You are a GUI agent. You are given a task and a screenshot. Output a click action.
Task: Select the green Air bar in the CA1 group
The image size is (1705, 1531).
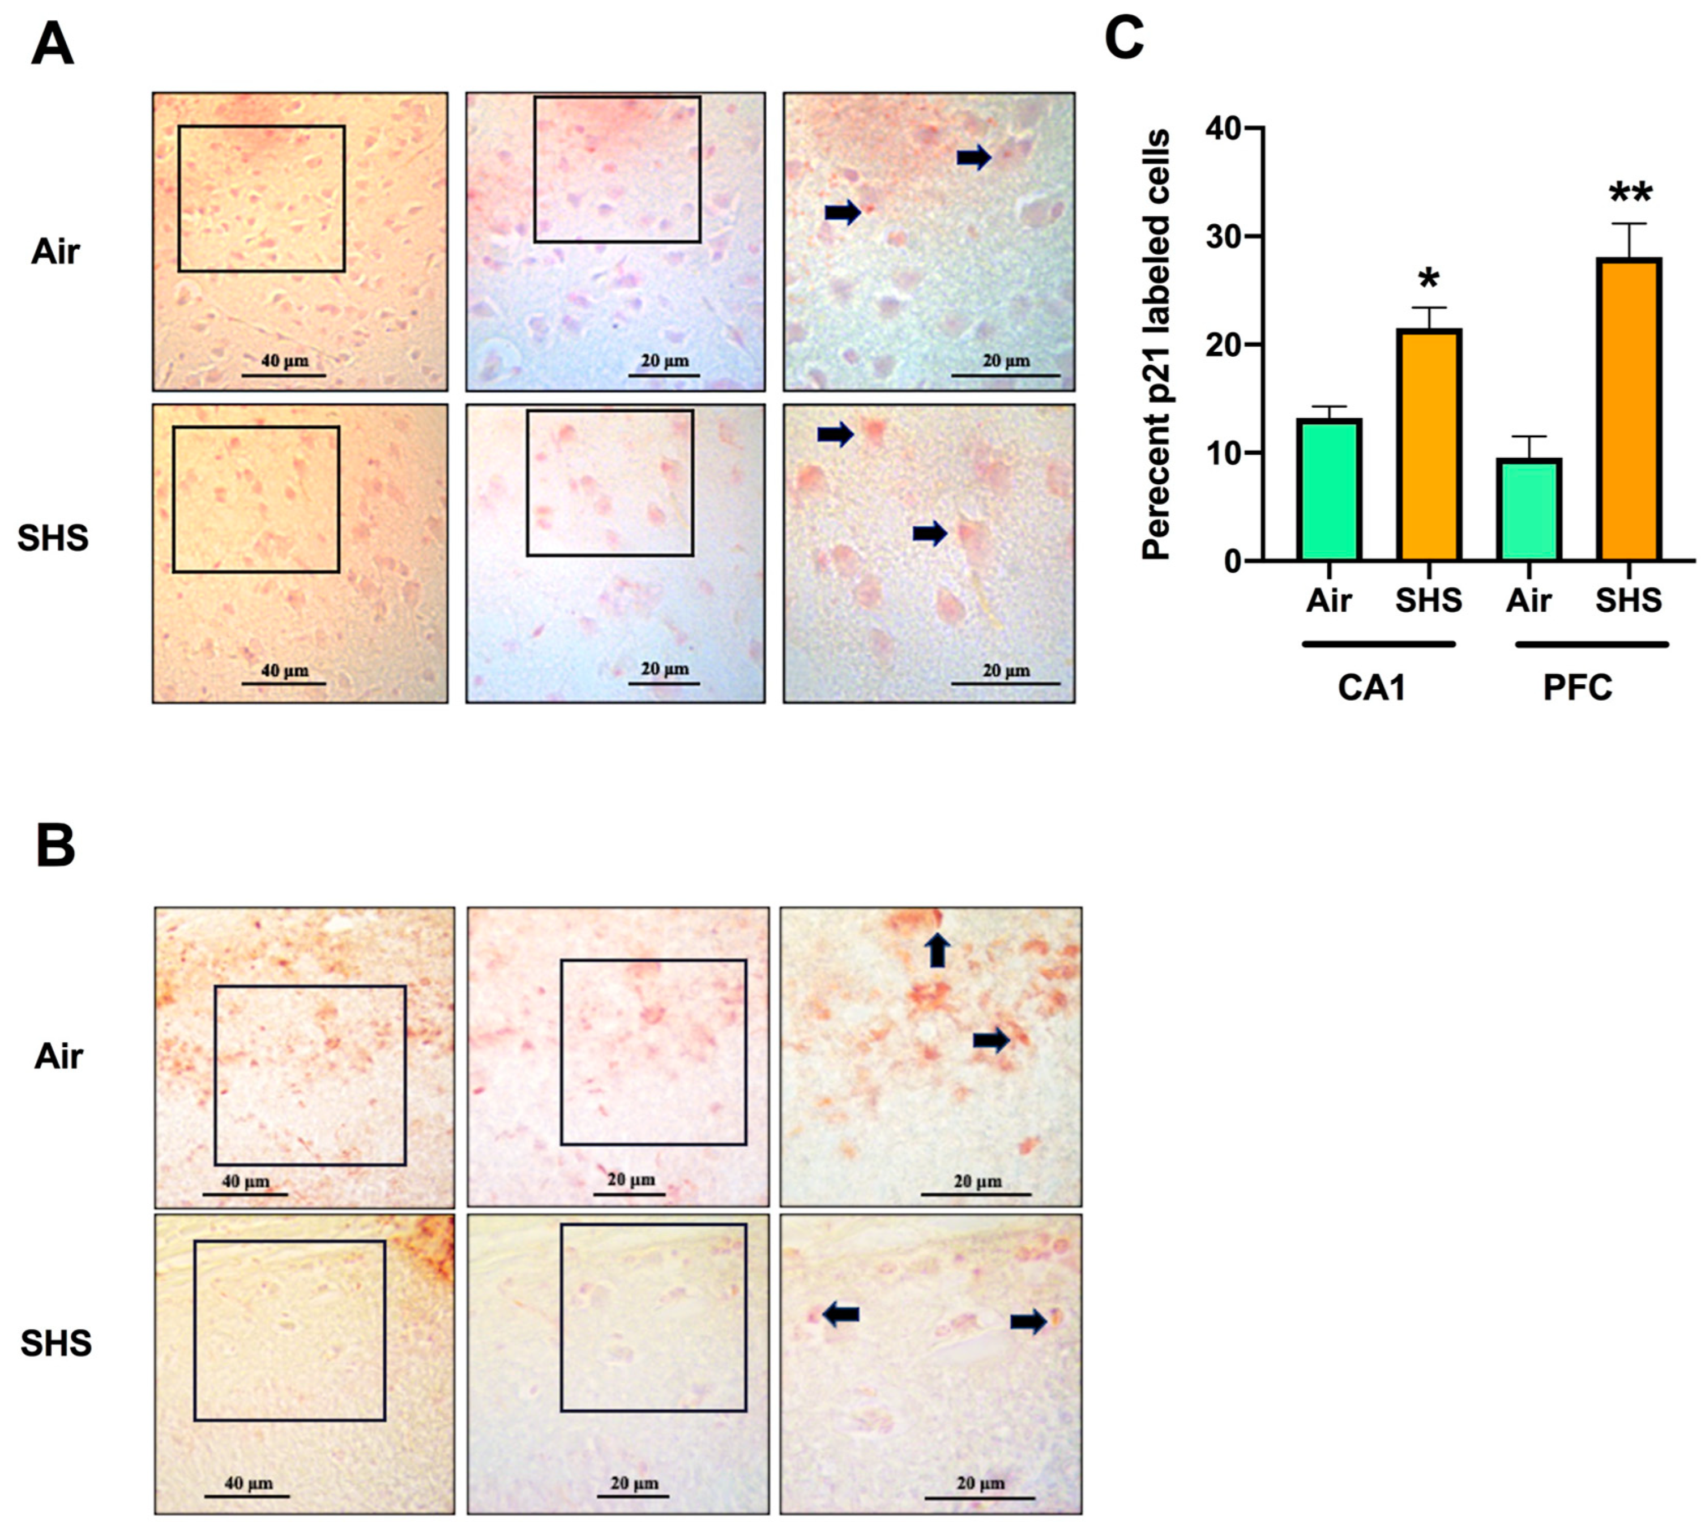pos(1328,491)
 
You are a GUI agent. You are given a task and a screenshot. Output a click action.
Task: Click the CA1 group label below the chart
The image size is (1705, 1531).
pos(1372,687)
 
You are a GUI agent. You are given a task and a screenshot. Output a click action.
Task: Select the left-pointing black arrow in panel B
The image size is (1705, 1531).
pos(840,1313)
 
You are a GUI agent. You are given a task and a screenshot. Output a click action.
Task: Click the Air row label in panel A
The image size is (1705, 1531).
pos(55,251)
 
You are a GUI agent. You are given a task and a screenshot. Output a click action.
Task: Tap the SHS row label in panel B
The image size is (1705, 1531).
pos(55,1344)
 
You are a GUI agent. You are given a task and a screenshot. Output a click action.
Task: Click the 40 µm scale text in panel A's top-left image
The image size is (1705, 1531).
pos(284,361)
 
